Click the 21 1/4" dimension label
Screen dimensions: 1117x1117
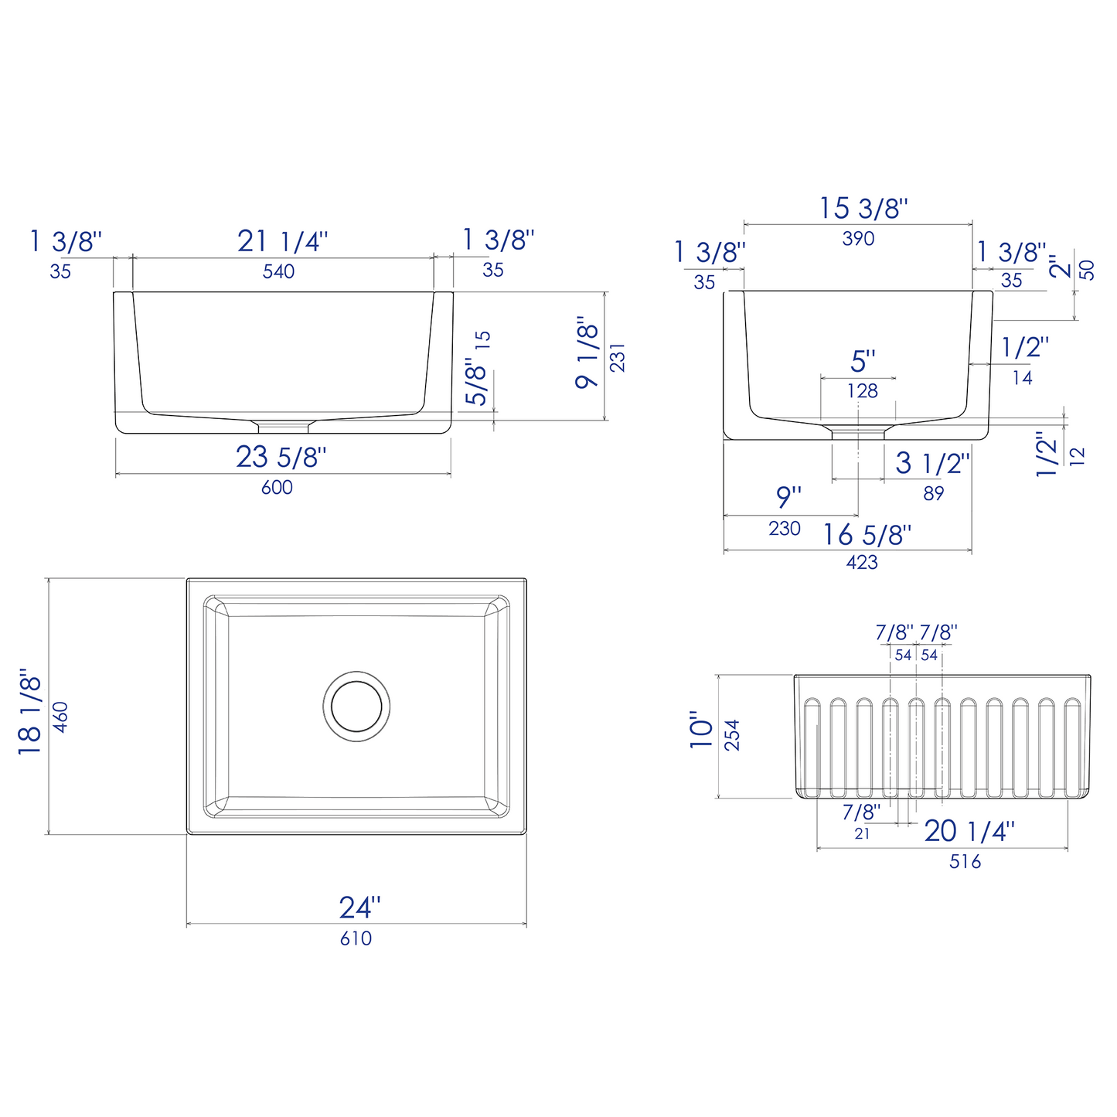click(x=282, y=241)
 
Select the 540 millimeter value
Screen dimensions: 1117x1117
click(x=278, y=271)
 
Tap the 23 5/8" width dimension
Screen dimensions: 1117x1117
click(x=281, y=457)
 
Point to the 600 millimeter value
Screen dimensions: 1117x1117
click(x=277, y=487)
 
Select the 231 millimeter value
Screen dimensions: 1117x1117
click(x=617, y=357)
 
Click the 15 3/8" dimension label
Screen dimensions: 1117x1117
click(x=863, y=208)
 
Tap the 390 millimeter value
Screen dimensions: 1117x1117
click(x=858, y=239)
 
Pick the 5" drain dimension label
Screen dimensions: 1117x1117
click(x=863, y=361)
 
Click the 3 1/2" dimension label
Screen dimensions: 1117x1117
click(x=932, y=463)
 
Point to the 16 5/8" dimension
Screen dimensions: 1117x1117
click(x=867, y=534)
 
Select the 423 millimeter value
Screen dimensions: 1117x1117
click(x=862, y=563)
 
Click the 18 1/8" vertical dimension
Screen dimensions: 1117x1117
click(x=29, y=712)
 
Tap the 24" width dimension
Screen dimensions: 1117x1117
click(x=360, y=907)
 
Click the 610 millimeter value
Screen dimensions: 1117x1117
click(x=356, y=938)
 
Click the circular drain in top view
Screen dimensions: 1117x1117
click(x=356, y=706)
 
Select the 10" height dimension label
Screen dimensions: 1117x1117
click(x=702, y=730)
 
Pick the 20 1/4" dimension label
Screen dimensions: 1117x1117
click(x=969, y=831)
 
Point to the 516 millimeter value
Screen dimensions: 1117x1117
click(x=965, y=861)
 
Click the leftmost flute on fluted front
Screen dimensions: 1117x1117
click(x=812, y=747)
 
